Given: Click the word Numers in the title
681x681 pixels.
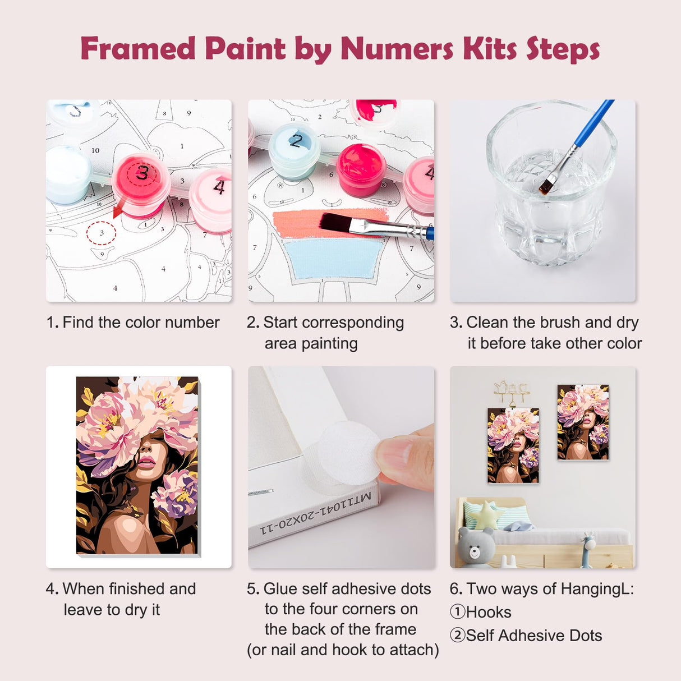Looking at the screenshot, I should [398, 49].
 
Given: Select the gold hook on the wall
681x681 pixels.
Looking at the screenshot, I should [511, 392].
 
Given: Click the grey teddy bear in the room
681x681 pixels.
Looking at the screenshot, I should [476, 547].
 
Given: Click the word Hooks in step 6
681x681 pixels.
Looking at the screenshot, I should [488, 612].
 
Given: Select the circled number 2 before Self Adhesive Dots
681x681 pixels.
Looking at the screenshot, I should [457, 636].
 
